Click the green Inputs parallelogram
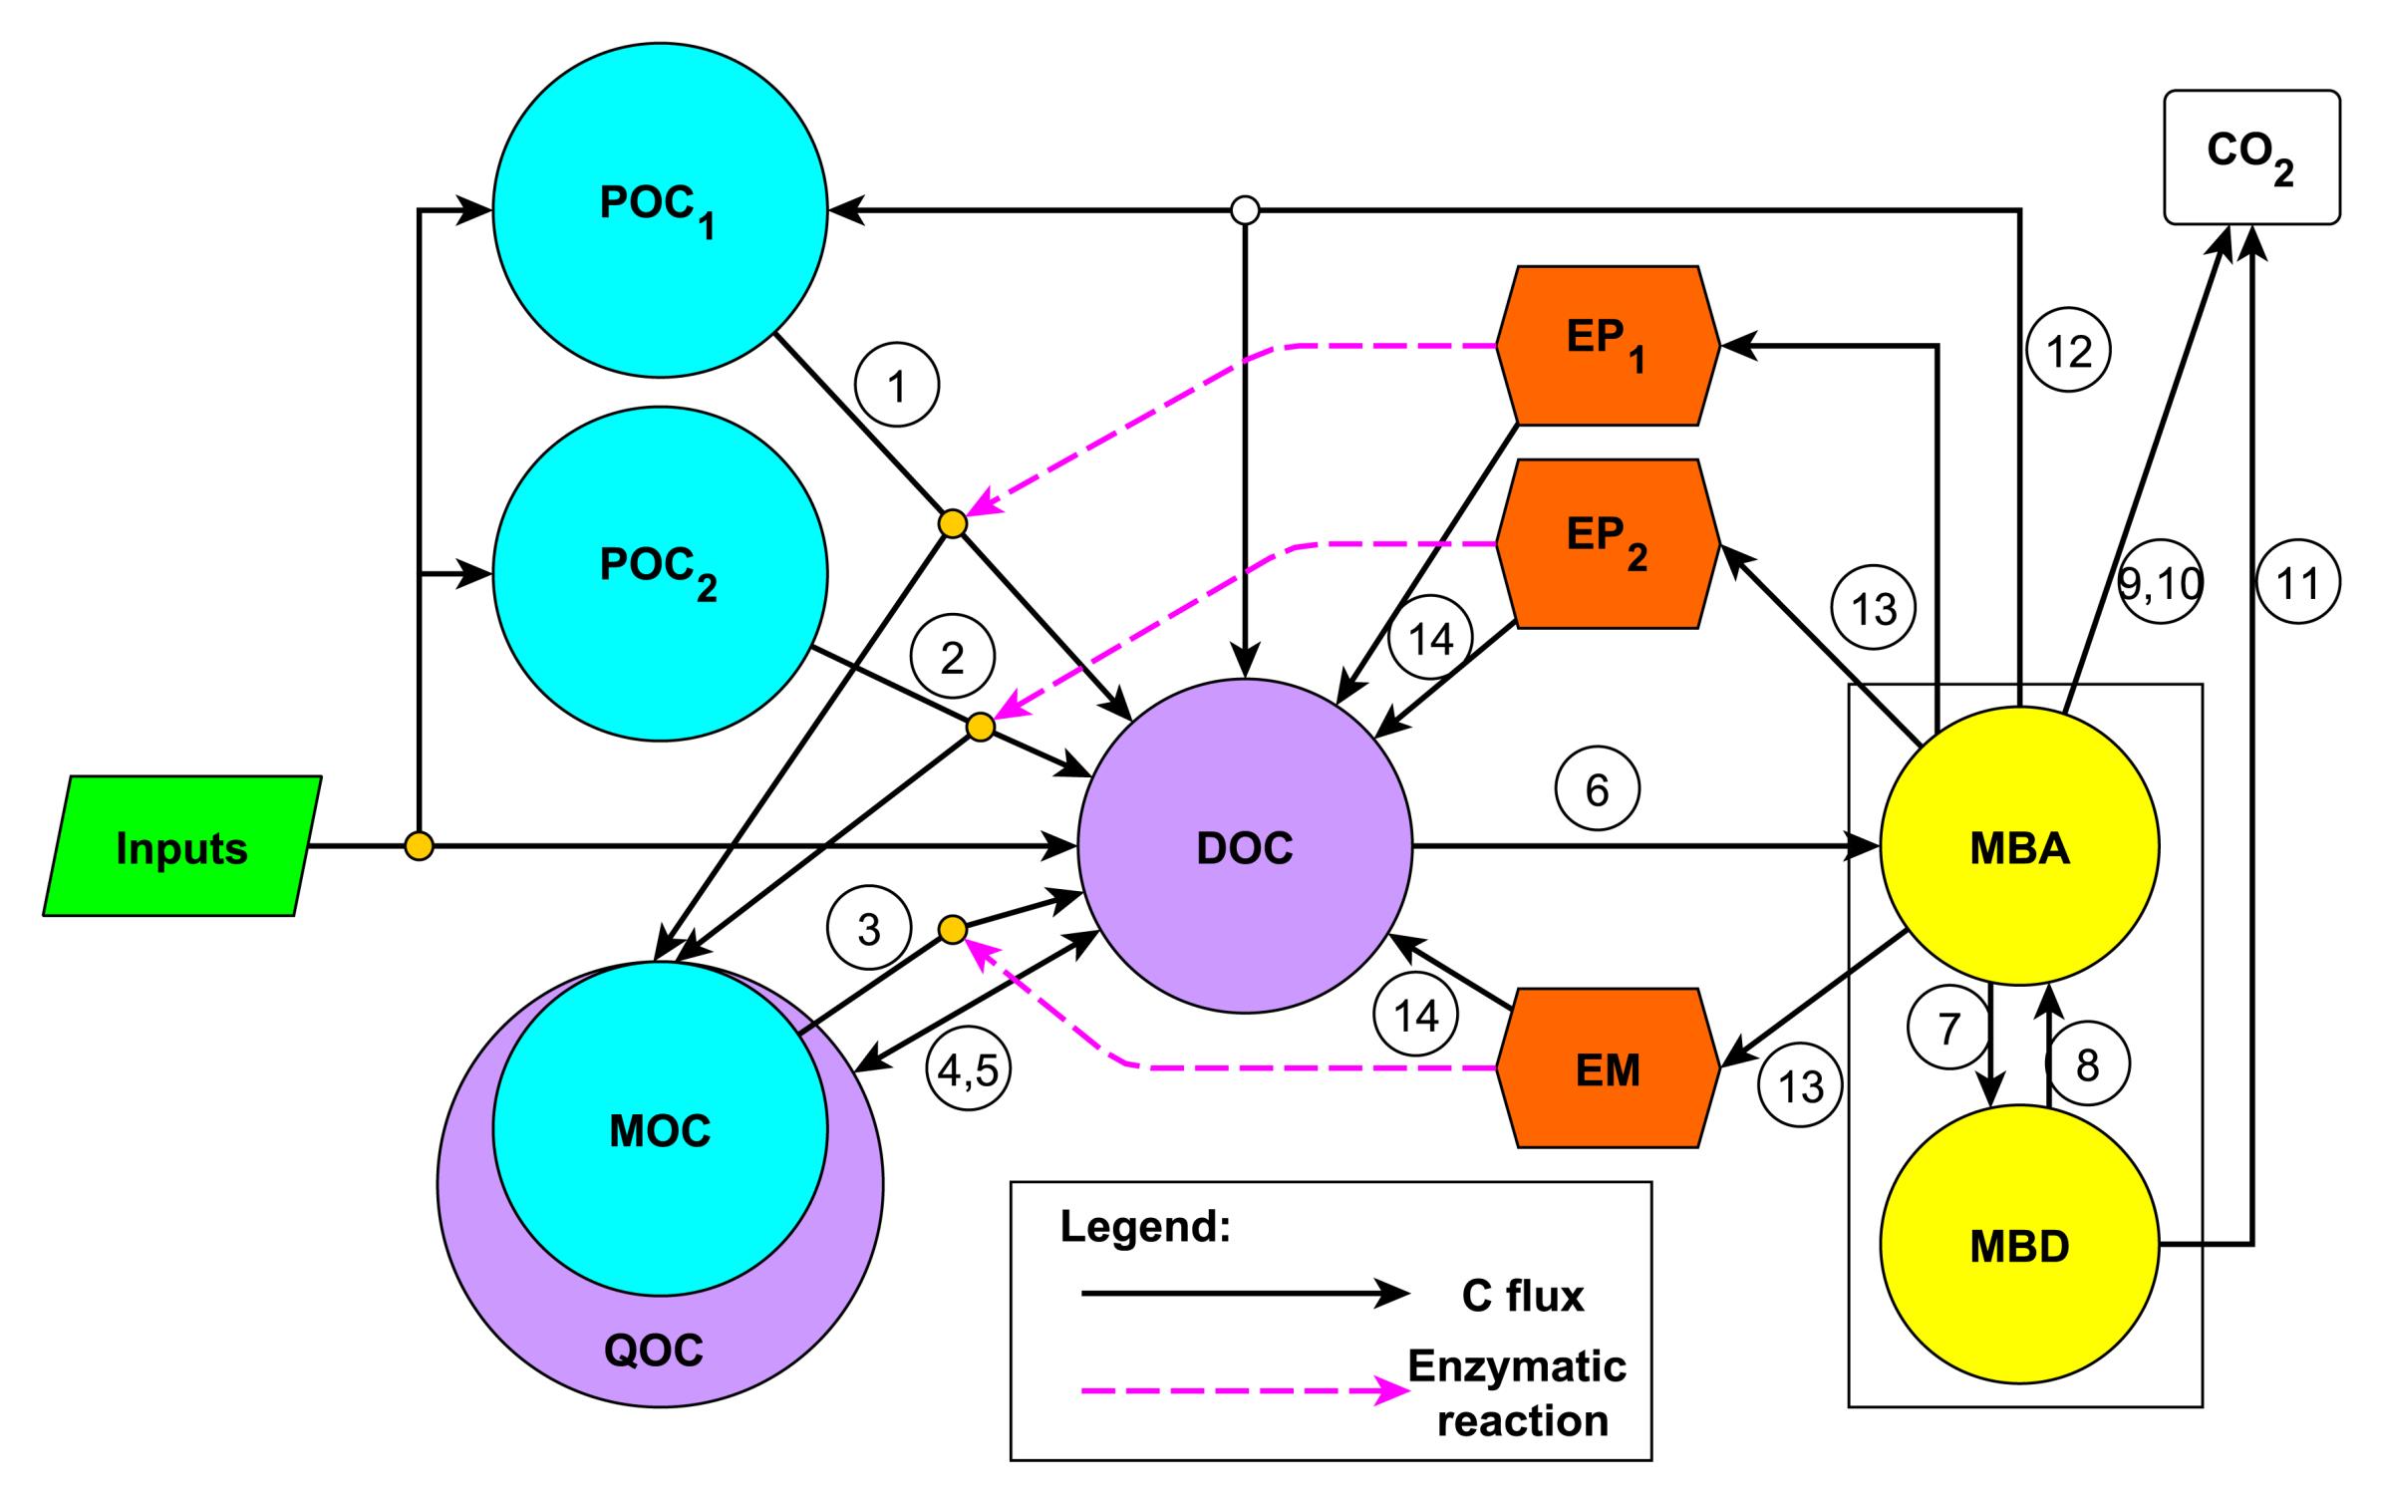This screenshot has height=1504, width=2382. [181, 846]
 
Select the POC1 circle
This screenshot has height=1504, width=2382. [660, 210]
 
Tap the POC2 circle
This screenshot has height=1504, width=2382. [660, 574]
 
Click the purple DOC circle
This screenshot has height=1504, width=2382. [1245, 846]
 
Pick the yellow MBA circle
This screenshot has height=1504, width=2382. [2019, 846]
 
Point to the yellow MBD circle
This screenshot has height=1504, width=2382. [2019, 1245]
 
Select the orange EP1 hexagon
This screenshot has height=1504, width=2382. [1608, 346]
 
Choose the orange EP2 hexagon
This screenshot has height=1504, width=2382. [1608, 543]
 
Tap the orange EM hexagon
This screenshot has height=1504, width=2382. [1608, 1068]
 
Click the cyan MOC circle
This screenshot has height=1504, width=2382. [660, 1130]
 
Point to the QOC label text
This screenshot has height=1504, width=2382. [654, 1351]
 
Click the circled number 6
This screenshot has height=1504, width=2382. [1597, 790]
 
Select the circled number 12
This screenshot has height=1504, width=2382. [2069, 351]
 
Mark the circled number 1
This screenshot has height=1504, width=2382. [897, 387]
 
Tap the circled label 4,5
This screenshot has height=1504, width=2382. [968, 1069]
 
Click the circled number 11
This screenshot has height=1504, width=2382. [2297, 583]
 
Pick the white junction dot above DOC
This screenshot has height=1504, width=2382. [1245, 210]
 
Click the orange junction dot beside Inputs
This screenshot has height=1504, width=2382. [420, 846]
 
